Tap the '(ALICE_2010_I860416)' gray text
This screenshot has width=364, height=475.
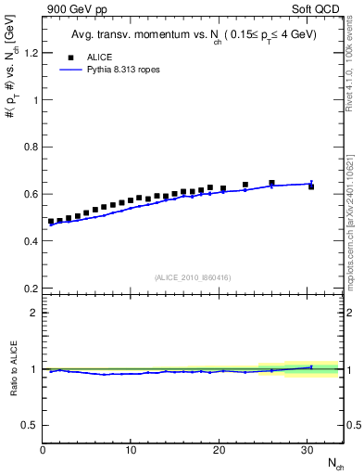(x=193, y=277)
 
